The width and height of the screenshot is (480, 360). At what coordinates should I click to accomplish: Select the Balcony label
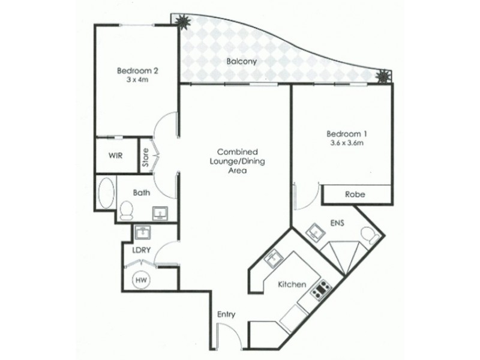click(238, 61)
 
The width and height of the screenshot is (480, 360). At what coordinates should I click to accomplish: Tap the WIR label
click(116, 155)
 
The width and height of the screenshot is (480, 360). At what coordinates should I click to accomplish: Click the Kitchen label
click(293, 284)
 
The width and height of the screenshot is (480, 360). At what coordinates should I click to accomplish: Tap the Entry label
click(226, 314)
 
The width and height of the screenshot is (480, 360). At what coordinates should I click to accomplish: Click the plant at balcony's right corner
click(382, 77)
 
